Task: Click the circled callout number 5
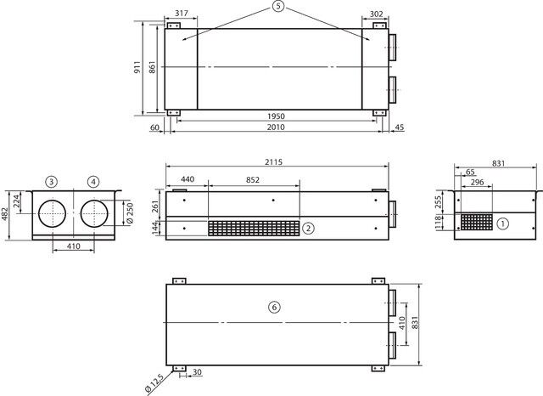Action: pos(277,6)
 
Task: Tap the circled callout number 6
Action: pos(274,308)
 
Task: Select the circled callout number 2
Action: pos(308,229)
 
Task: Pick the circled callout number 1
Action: pos(503,223)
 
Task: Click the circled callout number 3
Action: pos(51,182)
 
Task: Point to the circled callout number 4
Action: pos(93,182)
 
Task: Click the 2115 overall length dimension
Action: pos(274,162)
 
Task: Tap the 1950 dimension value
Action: pos(276,116)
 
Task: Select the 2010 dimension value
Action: pos(276,127)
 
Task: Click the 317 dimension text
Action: pos(182,14)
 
